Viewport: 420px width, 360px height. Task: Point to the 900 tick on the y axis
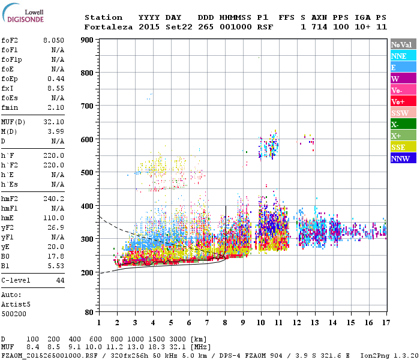click(87, 40)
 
